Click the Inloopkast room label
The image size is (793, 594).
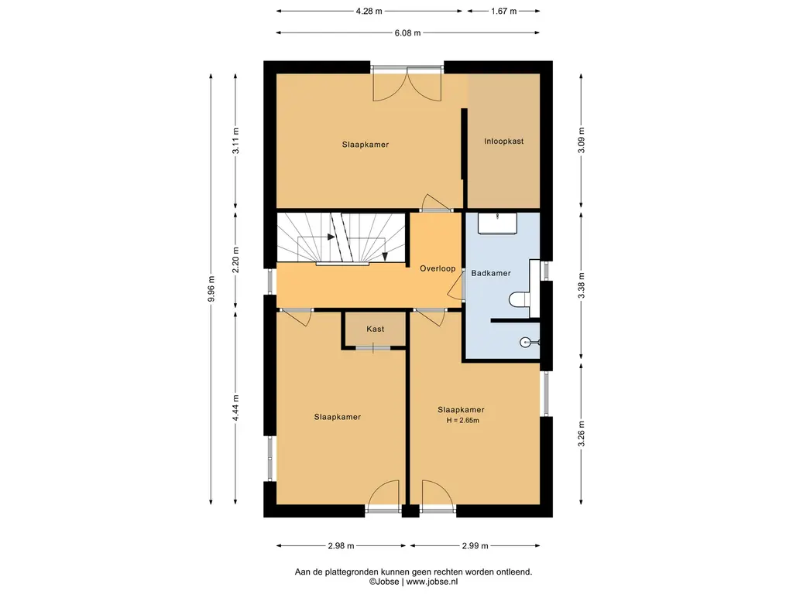[x=503, y=142]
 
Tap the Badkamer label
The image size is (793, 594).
[x=490, y=273]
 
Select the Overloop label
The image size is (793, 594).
[x=438, y=268]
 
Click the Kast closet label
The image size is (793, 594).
[x=376, y=329]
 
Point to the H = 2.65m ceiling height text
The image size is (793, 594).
[x=463, y=420]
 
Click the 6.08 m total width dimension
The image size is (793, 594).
[x=407, y=32]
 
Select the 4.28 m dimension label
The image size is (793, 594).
[x=369, y=11]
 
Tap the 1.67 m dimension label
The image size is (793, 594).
[x=503, y=11]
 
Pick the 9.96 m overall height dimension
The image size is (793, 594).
[x=211, y=289]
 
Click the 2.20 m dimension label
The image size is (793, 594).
[x=235, y=260]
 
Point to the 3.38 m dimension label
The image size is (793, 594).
[x=581, y=285]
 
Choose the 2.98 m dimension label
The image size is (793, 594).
[x=341, y=545]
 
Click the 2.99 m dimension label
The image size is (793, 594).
[x=475, y=545]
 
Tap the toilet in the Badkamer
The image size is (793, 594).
[x=519, y=299]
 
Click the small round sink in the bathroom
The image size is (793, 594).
[x=526, y=343]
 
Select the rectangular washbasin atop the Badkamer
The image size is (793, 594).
[x=497, y=224]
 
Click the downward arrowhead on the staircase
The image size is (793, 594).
[x=385, y=257]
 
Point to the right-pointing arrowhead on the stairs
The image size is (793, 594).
[x=331, y=237]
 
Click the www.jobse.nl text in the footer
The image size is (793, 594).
[x=431, y=582]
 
